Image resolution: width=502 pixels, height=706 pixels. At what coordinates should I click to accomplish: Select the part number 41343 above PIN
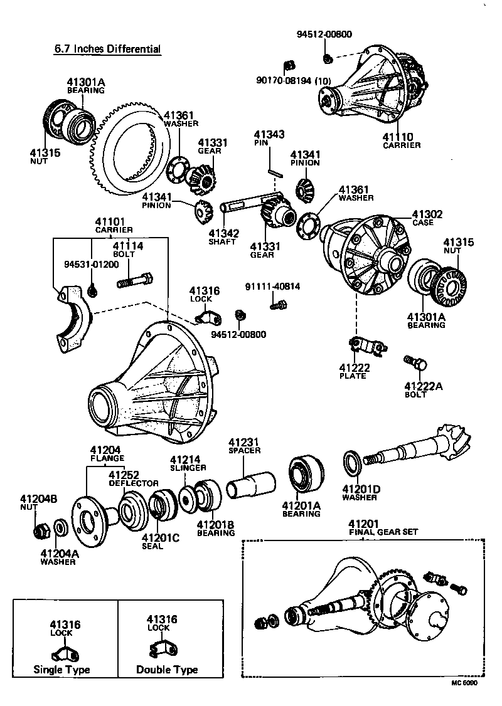point(269,134)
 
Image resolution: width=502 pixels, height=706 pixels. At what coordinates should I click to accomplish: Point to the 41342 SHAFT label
point(224,237)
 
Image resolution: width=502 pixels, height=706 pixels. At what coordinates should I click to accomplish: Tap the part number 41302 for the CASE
point(427,214)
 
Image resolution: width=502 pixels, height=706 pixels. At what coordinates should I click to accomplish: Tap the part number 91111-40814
point(272,287)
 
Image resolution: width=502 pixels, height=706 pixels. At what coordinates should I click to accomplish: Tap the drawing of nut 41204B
point(42,530)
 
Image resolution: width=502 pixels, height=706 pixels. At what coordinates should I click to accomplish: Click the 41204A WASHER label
point(58,557)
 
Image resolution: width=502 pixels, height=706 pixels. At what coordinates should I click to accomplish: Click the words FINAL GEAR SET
point(383,532)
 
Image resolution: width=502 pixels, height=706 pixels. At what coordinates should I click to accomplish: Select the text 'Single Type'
point(61,670)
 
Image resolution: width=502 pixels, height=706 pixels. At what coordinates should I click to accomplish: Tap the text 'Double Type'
point(167,670)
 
